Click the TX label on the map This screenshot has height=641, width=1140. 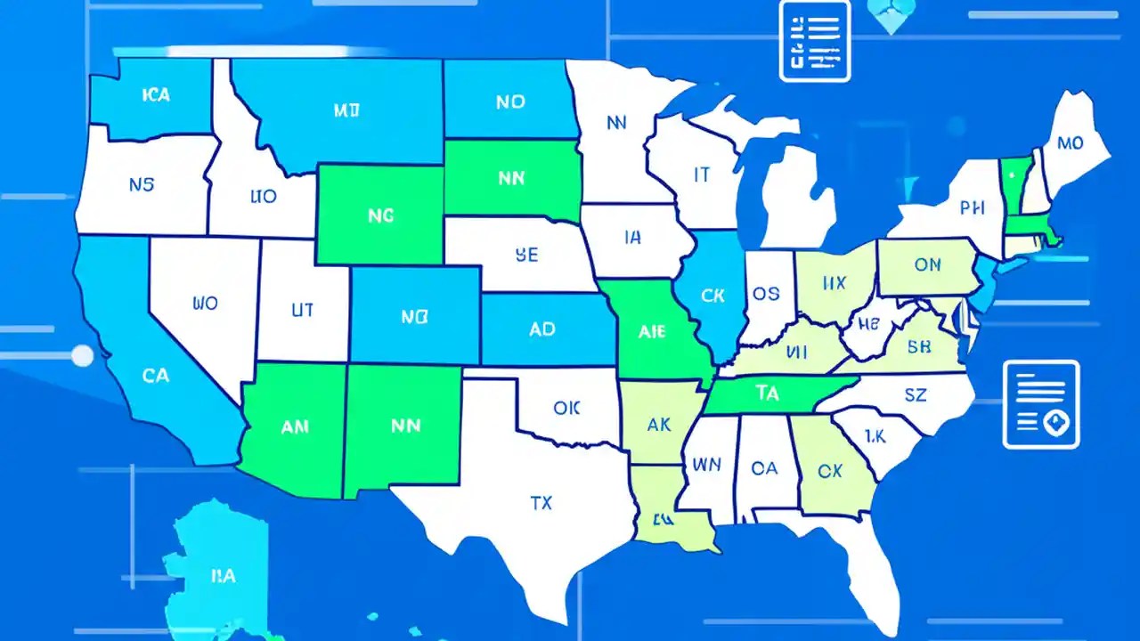pyautogui.click(x=541, y=503)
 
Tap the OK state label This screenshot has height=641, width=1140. pyautogui.click(x=566, y=409)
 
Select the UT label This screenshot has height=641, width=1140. pyautogui.click(x=302, y=310)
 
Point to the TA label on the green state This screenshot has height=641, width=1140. pyautogui.click(x=766, y=393)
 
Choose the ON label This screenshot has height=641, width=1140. pyautogui.click(x=927, y=264)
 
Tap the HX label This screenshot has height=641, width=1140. pyautogui.click(x=834, y=284)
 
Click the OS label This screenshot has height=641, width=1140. pyautogui.click(x=766, y=294)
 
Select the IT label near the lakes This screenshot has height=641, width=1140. pyautogui.click(x=702, y=175)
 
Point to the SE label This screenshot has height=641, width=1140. pyautogui.click(x=526, y=256)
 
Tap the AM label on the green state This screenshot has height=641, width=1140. pyautogui.click(x=295, y=426)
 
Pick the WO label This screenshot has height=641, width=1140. pyautogui.click(x=204, y=304)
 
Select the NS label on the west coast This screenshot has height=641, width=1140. pyautogui.click(x=141, y=185)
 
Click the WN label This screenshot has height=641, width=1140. pyautogui.click(x=706, y=464)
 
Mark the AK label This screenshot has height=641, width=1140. pyautogui.click(x=659, y=426)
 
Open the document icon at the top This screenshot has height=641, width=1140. pyautogui.click(x=814, y=41)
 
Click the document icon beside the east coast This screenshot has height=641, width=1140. pyautogui.click(x=1040, y=403)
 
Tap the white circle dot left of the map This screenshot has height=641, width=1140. pyautogui.click(x=82, y=356)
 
